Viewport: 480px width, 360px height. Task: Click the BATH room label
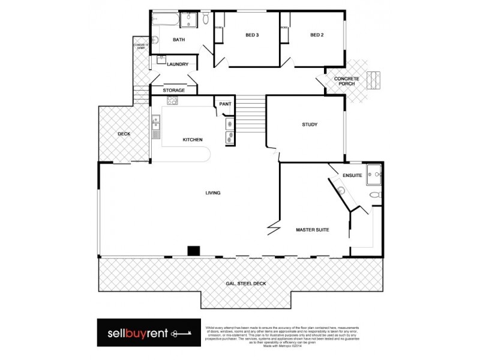tap(179, 40)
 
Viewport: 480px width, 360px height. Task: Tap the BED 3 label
tap(252, 35)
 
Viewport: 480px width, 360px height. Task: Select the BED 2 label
tap(317, 35)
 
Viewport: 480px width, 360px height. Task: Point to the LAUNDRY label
tap(178, 64)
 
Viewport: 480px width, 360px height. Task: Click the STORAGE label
tap(173, 90)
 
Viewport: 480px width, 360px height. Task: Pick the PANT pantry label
tap(225, 104)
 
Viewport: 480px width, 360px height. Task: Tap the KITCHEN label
tap(193, 140)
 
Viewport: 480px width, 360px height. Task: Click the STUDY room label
tap(310, 125)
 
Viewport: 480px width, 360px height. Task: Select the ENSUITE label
tap(352, 175)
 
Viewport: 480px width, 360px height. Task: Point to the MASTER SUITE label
tap(313, 229)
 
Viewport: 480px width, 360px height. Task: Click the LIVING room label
tap(213, 193)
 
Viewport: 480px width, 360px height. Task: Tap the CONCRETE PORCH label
tap(346, 81)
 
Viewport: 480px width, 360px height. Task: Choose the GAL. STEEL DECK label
tap(247, 283)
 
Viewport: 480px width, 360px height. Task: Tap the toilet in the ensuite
tap(374, 194)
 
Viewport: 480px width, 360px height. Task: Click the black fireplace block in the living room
tap(193, 251)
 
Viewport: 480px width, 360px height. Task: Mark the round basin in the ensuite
tap(341, 191)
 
